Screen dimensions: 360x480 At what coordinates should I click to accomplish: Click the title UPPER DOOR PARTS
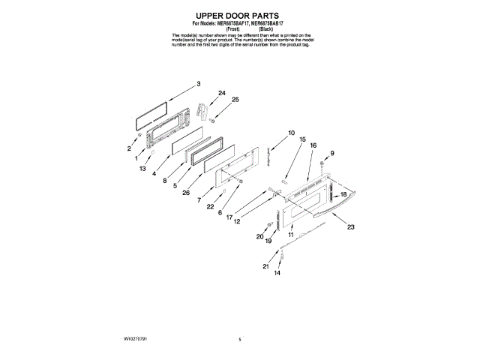pyautogui.click(x=239, y=15)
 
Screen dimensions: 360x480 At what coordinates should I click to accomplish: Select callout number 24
pyautogui.click(x=221, y=93)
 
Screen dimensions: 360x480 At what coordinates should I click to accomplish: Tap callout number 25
pyautogui.click(x=235, y=100)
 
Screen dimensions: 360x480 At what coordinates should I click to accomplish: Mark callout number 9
pyautogui.click(x=332, y=153)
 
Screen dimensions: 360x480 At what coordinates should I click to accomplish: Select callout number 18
pyautogui.click(x=344, y=194)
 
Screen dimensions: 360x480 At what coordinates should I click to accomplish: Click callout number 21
pyautogui.click(x=265, y=266)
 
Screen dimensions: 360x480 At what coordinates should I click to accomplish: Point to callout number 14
pyautogui.click(x=277, y=274)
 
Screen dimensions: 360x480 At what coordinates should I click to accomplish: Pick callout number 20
pyautogui.click(x=260, y=236)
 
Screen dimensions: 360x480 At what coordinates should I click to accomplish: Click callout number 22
pyautogui.click(x=211, y=206)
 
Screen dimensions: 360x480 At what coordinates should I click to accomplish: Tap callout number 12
pyautogui.click(x=236, y=221)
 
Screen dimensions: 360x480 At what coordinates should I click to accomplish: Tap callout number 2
pyautogui.click(x=129, y=148)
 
